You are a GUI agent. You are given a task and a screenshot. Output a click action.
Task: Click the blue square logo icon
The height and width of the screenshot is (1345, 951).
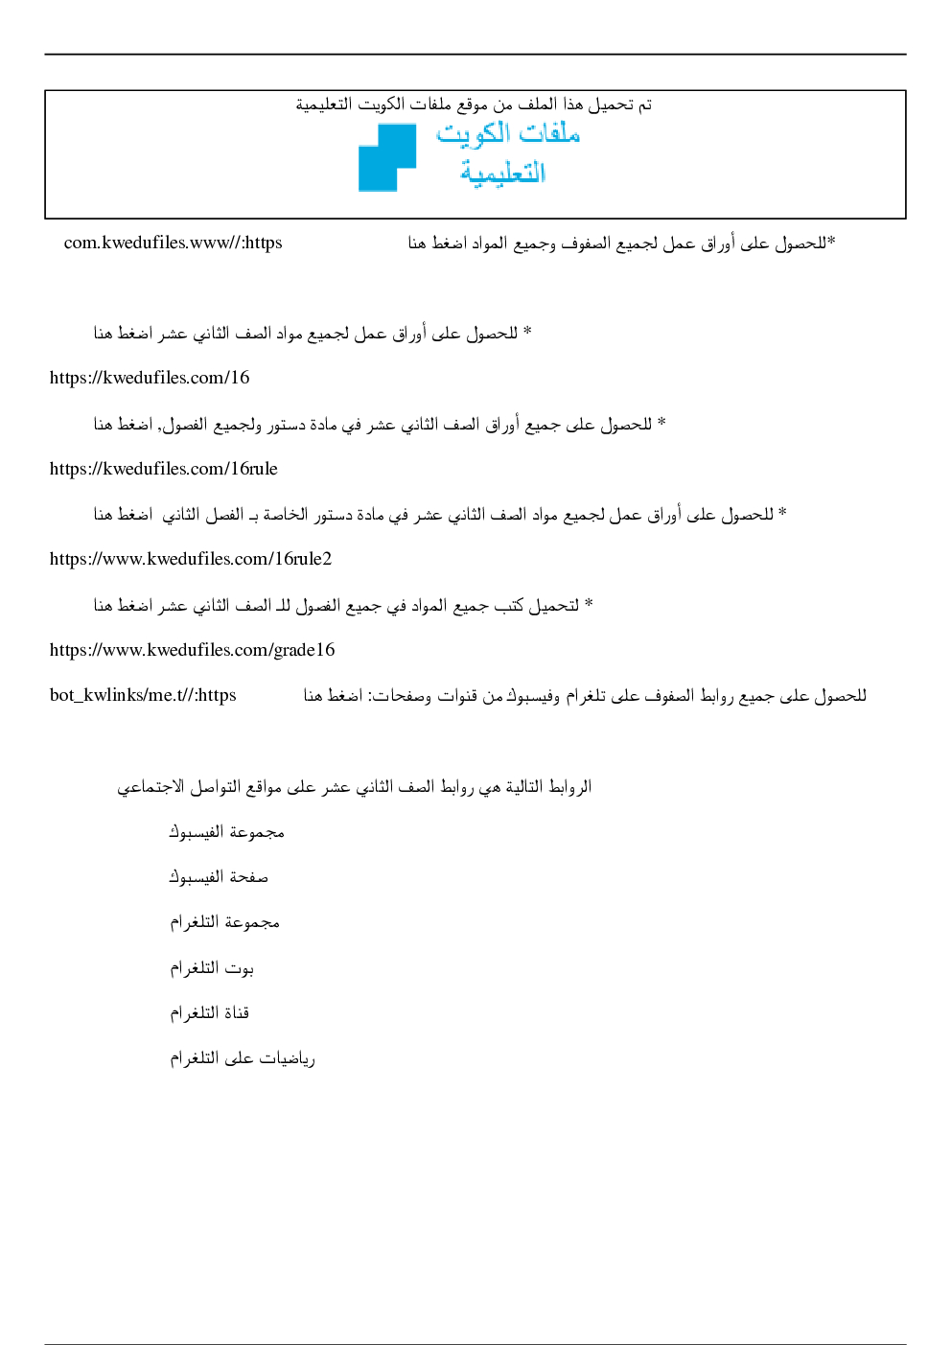[387, 157]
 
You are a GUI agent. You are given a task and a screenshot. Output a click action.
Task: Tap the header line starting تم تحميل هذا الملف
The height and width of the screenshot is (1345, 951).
[474, 104]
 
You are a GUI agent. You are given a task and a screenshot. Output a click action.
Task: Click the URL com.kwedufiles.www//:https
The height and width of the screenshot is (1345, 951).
[174, 243]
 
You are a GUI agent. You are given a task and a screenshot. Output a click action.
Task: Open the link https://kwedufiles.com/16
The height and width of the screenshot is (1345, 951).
[150, 378]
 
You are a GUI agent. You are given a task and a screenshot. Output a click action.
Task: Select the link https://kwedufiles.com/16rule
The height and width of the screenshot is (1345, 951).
[164, 469]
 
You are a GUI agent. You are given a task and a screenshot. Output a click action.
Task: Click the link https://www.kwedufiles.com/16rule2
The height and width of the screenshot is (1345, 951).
[191, 559]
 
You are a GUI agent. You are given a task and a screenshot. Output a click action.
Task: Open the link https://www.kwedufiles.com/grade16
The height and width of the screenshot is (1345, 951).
[193, 650]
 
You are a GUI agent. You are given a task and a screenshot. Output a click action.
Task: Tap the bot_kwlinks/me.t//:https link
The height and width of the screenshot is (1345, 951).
[143, 695]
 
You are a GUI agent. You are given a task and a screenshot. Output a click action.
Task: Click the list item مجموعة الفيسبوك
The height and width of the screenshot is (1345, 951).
[226, 832]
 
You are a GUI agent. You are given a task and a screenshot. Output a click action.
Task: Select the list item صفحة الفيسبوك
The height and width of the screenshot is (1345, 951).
[219, 877]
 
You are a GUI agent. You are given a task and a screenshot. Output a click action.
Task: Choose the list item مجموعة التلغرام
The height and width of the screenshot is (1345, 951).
[224, 922]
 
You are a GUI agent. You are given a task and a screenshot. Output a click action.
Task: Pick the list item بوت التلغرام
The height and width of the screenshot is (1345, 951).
[212, 968]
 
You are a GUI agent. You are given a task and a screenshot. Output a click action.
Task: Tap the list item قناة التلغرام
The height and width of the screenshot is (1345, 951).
[209, 1013]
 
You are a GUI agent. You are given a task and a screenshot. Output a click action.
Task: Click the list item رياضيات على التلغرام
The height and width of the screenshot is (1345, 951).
[242, 1058]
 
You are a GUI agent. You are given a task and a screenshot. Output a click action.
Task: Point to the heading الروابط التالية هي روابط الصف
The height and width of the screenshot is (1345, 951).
[354, 787]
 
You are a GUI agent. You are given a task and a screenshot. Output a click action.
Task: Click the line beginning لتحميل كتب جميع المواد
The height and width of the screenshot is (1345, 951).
[343, 605]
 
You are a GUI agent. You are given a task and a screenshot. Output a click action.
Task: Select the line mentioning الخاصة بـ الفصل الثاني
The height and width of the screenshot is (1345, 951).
[440, 515]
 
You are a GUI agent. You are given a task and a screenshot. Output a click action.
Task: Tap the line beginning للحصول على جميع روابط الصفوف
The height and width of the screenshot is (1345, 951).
[585, 695]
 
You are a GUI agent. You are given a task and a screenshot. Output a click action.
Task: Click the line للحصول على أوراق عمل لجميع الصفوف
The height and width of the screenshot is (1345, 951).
[621, 243]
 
